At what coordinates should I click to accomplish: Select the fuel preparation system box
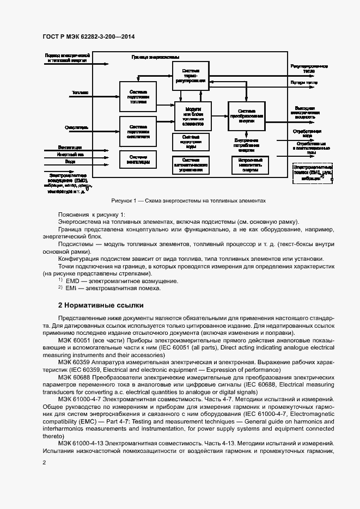(x=138, y=97)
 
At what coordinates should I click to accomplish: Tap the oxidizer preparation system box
(x=138, y=131)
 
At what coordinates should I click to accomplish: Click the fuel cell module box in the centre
(x=193, y=116)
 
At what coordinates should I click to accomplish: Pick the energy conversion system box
(x=246, y=117)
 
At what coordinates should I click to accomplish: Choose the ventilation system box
(x=138, y=160)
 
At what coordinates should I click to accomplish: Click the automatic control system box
(x=191, y=165)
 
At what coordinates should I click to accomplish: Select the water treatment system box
(x=191, y=142)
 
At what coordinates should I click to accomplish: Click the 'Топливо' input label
(x=80, y=93)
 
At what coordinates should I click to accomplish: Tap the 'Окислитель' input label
(x=77, y=128)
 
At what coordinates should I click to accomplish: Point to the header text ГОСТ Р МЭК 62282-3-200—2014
(x=88, y=36)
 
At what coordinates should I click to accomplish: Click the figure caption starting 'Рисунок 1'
(x=188, y=200)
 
